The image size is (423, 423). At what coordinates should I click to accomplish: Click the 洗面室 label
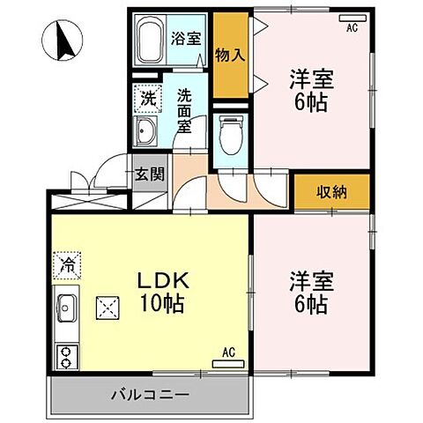pyautogui.click(x=184, y=110)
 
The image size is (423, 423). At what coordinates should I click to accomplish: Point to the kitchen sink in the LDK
pyautogui.click(x=66, y=308)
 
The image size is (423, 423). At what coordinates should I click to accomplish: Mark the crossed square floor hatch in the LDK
pyautogui.click(x=108, y=308)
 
